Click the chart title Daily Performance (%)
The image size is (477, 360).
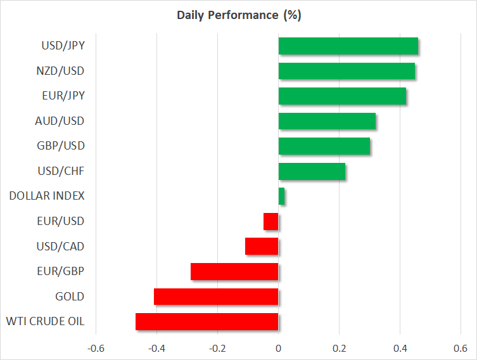click(238, 15)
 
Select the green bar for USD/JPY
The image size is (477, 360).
click(348, 46)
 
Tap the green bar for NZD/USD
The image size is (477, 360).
click(347, 70)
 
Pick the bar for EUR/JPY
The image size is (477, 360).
click(342, 96)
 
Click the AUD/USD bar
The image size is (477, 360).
click(327, 120)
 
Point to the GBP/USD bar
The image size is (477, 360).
click(324, 146)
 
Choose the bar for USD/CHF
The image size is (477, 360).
click(312, 171)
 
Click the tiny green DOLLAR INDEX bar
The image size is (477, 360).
click(281, 196)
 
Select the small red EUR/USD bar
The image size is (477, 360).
click(271, 221)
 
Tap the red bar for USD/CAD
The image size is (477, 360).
click(262, 246)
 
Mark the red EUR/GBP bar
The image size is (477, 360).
click(234, 271)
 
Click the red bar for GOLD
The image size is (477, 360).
click(216, 297)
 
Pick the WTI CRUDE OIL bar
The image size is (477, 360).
click(207, 321)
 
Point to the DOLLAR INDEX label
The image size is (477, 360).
click(47, 196)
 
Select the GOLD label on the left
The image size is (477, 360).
click(70, 297)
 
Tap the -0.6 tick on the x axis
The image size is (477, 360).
click(96, 349)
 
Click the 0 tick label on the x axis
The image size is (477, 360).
click(278, 349)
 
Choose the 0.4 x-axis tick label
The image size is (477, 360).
click(400, 349)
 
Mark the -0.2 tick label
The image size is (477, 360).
click(217, 349)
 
